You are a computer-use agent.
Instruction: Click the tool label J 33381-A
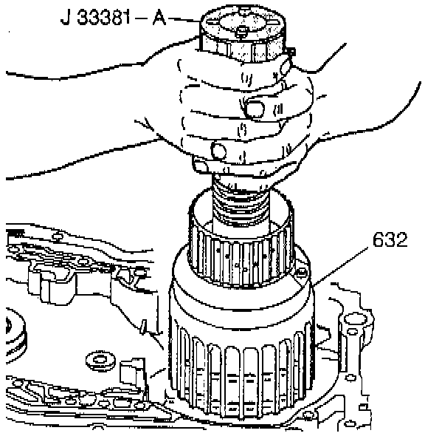[113, 19]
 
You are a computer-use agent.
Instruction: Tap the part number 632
[390, 239]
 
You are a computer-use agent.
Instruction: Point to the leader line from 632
[339, 266]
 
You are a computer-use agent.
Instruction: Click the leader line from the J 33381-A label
[184, 19]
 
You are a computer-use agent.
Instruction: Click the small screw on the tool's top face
[242, 30]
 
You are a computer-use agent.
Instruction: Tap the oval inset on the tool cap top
[242, 23]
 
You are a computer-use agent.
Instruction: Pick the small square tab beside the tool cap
[291, 52]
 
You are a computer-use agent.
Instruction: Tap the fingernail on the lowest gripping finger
[218, 151]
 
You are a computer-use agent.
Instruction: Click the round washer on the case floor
[101, 360]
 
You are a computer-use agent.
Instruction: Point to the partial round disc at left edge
[15, 335]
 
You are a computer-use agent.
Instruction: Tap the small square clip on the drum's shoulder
[301, 273]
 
